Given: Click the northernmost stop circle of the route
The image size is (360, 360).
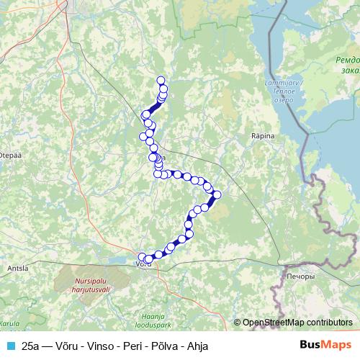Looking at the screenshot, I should coord(161,81).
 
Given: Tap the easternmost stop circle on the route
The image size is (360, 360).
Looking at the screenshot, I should coord(217,194).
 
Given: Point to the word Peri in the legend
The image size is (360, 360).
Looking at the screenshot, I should coord(131,346).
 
